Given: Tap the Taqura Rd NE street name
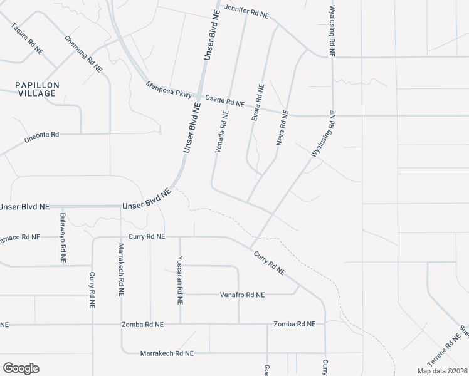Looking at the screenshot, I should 28,37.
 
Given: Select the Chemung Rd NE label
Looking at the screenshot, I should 83,54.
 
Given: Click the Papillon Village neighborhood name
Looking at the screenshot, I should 37,89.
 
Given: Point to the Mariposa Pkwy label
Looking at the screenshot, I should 168,91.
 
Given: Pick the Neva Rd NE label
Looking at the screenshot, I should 283,128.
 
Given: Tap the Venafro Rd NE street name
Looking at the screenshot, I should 242,295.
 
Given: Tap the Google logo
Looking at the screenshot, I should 21,368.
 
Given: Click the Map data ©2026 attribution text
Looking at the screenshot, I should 441,371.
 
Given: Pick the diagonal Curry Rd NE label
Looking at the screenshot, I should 270,264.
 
